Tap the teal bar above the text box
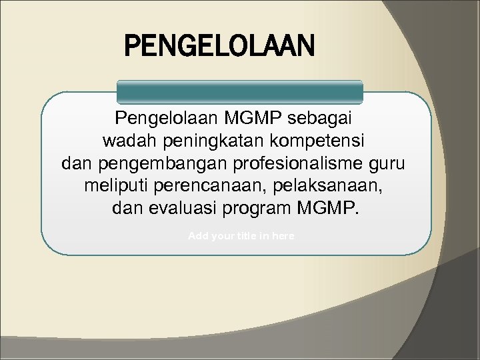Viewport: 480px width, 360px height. [240, 92]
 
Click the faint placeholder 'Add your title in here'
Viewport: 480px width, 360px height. [241, 237]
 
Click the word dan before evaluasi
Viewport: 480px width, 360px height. [127, 207]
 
